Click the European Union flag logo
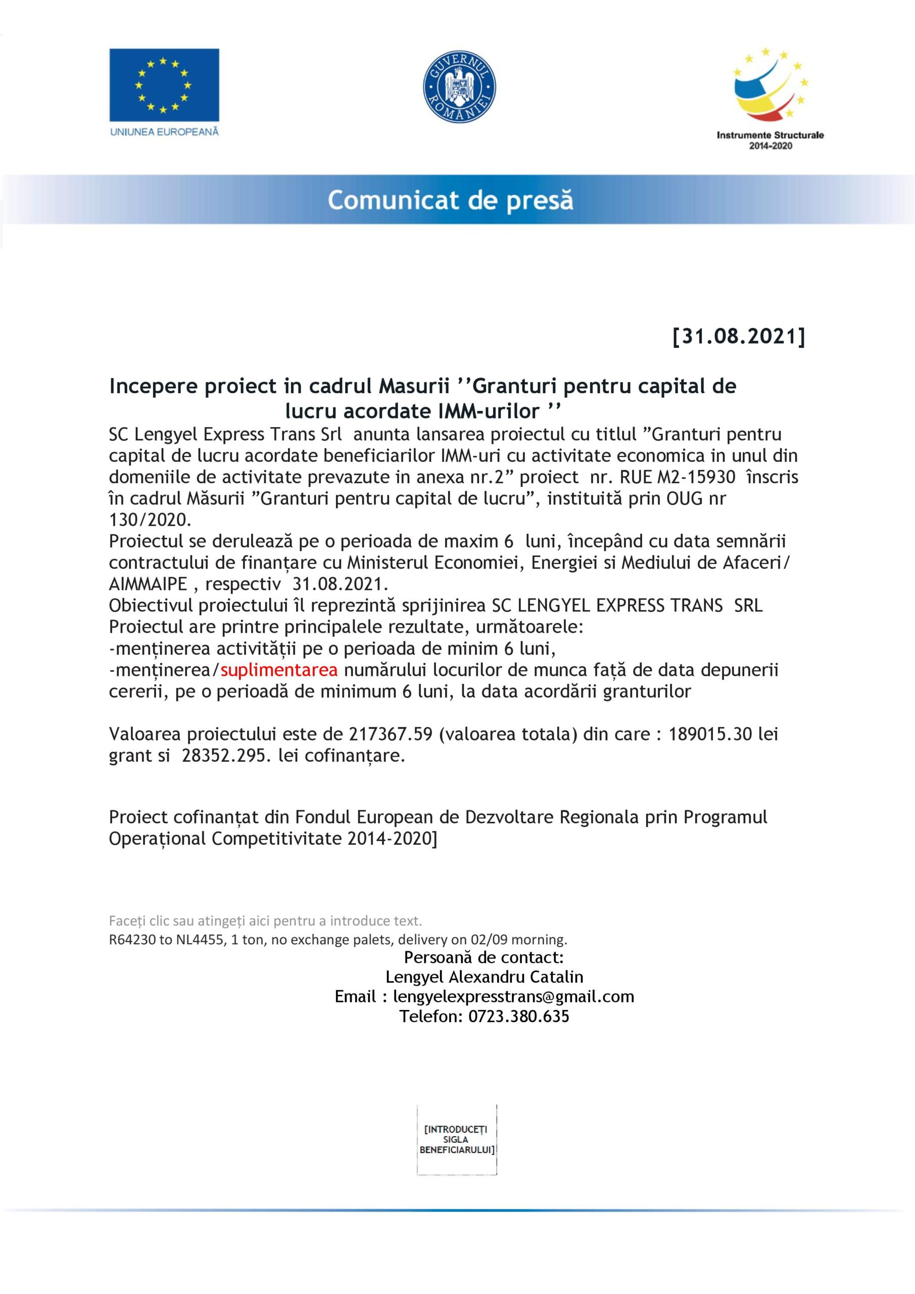click(164, 84)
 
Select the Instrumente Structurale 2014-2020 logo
click(769, 99)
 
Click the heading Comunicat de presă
click(450, 201)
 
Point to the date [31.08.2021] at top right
click(739, 337)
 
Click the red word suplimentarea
click(279, 670)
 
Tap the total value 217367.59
click(391, 734)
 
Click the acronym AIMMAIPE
click(148, 584)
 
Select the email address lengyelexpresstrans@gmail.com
click(513, 996)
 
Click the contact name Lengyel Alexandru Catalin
click(484, 977)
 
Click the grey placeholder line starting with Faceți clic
click(265, 921)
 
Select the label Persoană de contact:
click(484, 957)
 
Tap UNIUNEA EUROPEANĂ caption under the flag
click(164, 132)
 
